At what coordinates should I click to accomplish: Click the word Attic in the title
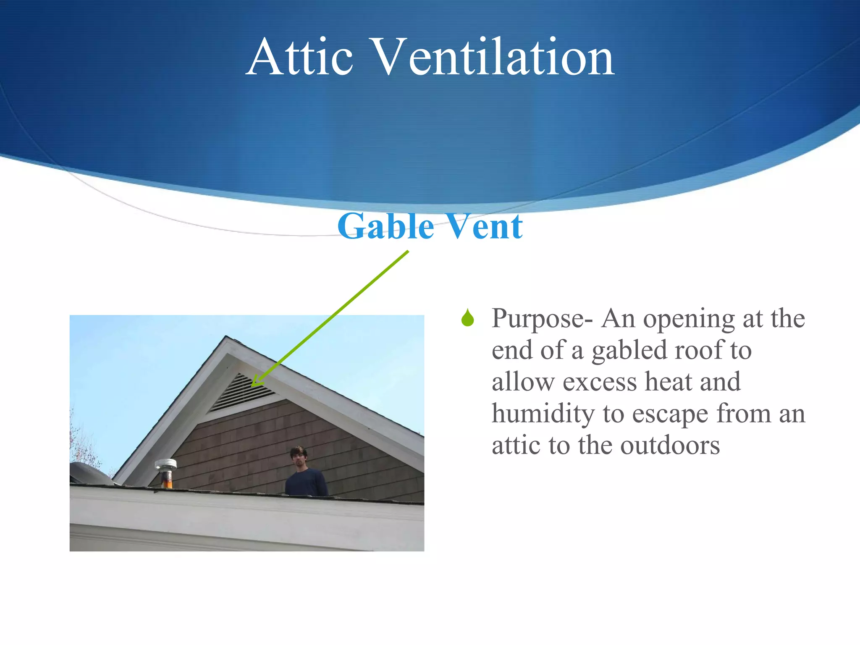pos(300,58)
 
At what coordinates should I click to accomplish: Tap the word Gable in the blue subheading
pos(385,227)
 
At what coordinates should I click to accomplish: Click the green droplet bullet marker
pos(467,319)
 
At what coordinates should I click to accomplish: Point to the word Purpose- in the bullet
pos(542,319)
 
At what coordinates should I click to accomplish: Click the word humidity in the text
pos(543,414)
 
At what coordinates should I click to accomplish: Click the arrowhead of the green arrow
pos(254,383)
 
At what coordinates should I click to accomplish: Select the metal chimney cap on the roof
pos(166,466)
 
